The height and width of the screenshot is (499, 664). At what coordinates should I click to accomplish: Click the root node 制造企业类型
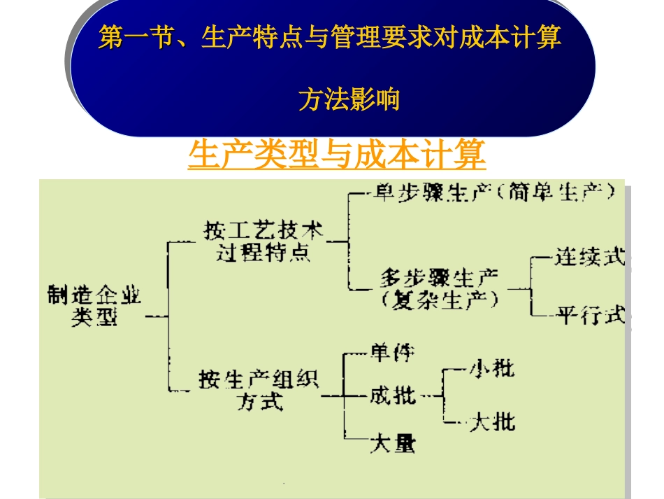click(x=94, y=306)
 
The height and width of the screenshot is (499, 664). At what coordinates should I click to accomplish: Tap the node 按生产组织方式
click(x=258, y=391)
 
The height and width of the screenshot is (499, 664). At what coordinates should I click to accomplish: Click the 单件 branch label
click(x=392, y=352)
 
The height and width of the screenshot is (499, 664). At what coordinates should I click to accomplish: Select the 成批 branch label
click(x=392, y=396)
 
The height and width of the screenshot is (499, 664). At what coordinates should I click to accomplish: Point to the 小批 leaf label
click(x=491, y=367)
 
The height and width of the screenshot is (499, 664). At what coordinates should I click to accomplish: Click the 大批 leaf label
click(x=492, y=422)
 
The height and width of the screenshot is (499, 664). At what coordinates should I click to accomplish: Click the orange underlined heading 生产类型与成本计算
click(x=337, y=155)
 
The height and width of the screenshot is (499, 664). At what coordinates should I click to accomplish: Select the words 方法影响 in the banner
click(x=349, y=99)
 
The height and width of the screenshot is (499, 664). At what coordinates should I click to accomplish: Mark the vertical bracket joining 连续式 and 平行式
click(x=531, y=287)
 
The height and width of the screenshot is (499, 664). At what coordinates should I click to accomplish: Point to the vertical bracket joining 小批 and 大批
click(x=443, y=395)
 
